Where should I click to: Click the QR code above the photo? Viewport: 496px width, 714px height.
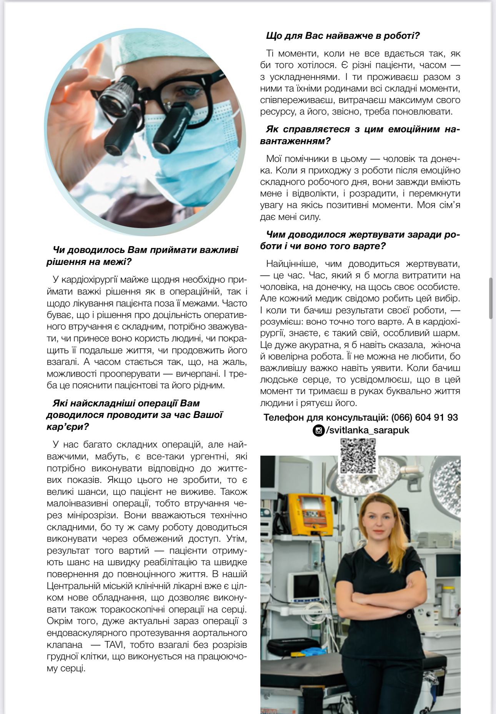tap(358, 456)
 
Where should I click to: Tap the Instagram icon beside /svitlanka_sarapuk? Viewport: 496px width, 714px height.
tap(318, 430)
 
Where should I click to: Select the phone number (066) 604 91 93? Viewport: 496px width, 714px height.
tap(424, 418)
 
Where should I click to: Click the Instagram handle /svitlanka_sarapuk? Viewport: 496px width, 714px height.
tap(368, 430)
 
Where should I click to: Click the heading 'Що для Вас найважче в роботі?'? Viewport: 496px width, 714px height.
tap(343, 36)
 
